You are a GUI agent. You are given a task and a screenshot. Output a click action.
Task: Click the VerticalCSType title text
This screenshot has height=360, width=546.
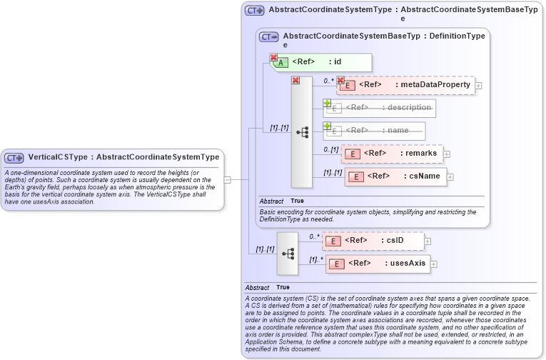click(123, 157)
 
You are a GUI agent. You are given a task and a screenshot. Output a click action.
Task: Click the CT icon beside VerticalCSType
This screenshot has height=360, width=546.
click(15, 157)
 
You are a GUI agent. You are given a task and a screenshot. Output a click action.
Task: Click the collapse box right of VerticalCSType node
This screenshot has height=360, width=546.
click(227, 180)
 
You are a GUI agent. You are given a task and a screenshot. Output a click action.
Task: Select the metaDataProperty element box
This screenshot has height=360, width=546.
click(405, 85)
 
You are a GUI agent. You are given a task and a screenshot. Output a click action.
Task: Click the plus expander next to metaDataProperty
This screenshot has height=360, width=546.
click(478, 86)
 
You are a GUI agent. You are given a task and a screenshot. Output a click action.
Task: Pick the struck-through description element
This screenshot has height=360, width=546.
click(380, 108)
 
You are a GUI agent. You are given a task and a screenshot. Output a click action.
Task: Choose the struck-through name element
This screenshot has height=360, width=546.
click(375, 131)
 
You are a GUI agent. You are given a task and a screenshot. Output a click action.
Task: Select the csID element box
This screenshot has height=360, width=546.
click(373, 241)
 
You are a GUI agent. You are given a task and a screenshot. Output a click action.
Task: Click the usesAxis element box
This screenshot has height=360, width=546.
click(378, 264)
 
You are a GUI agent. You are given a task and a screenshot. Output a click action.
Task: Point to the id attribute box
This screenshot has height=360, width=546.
click(320, 62)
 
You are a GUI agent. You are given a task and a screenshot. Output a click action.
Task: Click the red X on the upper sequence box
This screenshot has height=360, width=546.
click(295, 81)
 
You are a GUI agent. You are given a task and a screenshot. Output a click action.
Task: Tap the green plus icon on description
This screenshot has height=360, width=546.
click(327, 103)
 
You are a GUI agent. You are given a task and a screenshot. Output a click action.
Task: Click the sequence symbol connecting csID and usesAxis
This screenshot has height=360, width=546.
click(288, 254)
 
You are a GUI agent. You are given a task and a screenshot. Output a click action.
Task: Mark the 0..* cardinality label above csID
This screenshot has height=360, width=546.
click(314, 236)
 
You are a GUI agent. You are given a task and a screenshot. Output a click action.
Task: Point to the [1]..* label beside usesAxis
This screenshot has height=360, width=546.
click(315, 259)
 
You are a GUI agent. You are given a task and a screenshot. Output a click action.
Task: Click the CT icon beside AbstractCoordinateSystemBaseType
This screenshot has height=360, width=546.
click(269, 36)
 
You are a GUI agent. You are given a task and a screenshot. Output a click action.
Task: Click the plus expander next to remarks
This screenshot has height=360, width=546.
click(447, 154)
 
